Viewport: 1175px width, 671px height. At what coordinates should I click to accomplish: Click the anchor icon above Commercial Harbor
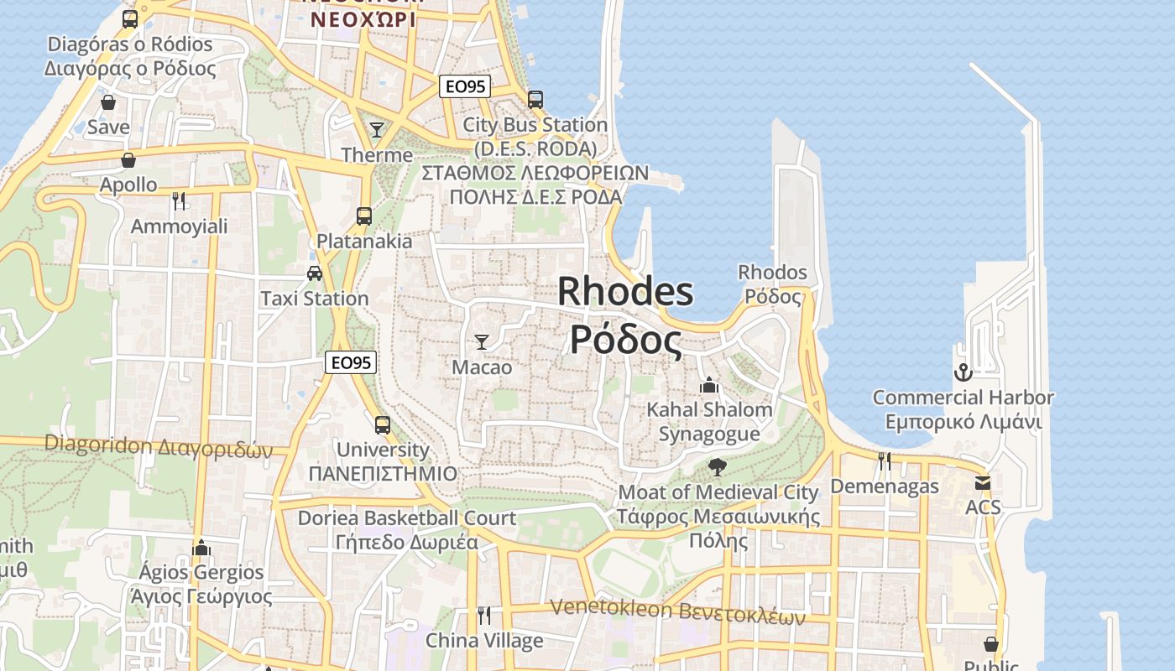click(x=963, y=372)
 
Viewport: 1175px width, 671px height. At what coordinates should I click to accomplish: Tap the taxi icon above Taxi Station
click(x=315, y=273)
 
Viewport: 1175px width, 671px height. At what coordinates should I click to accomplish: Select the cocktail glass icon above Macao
click(x=482, y=341)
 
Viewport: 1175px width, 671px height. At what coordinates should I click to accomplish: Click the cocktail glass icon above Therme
click(x=377, y=129)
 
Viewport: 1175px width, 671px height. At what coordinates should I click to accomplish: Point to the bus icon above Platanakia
click(x=363, y=216)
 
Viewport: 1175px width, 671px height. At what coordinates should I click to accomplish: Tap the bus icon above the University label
click(x=383, y=424)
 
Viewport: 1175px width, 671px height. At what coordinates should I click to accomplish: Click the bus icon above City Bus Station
click(x=535, y=99)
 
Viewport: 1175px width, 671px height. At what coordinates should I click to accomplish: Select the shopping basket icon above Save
click(x=108, y=102)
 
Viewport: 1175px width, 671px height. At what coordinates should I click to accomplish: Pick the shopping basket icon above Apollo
click(x=128, y=159)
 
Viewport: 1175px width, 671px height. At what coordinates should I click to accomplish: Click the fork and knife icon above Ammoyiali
click(x=178, y=200)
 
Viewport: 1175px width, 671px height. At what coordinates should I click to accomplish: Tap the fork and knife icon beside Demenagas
click(x=885, y=460)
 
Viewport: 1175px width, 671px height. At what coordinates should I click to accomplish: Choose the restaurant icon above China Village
click(x=484, y=616)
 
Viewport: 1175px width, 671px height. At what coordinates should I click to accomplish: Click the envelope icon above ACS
click(x=983, y=482)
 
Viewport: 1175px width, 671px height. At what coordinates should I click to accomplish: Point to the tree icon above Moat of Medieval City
click(x=718, y=466)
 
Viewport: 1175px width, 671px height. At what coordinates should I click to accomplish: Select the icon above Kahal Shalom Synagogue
click(x=709, y=385)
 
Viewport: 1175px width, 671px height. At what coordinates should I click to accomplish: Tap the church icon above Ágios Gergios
click(x=201, y=548)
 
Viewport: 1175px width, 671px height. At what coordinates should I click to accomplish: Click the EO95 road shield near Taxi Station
click(x=351, y=362)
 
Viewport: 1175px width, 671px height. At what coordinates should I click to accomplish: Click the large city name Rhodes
click(x=625, y=292)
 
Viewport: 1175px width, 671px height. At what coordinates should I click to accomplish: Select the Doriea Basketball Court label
click(x=407, y=518)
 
